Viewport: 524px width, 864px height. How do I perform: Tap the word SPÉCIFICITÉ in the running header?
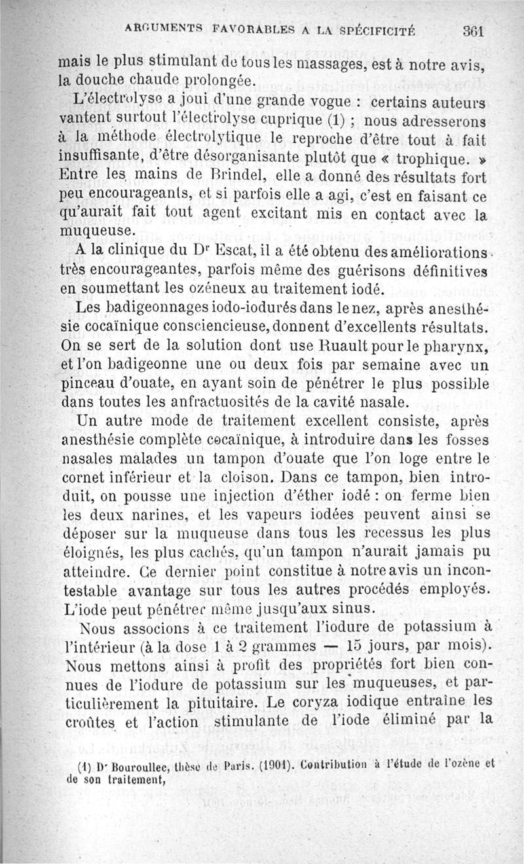pyautogui.click(x=375, y=29)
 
